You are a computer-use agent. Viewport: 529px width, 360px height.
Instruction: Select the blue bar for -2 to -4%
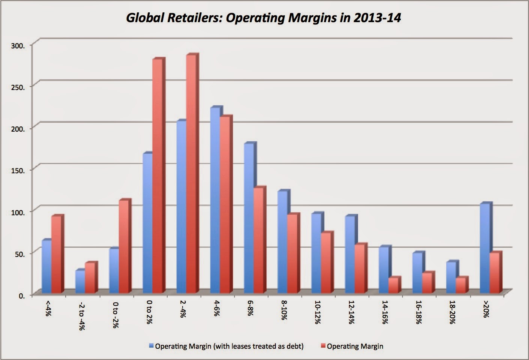(80, 281)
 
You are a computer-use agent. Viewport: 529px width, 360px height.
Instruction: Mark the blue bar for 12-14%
(350, 255)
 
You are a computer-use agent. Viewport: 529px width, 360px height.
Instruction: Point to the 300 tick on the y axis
(20, 45)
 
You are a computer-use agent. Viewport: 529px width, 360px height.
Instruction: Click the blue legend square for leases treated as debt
(152, 346)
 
